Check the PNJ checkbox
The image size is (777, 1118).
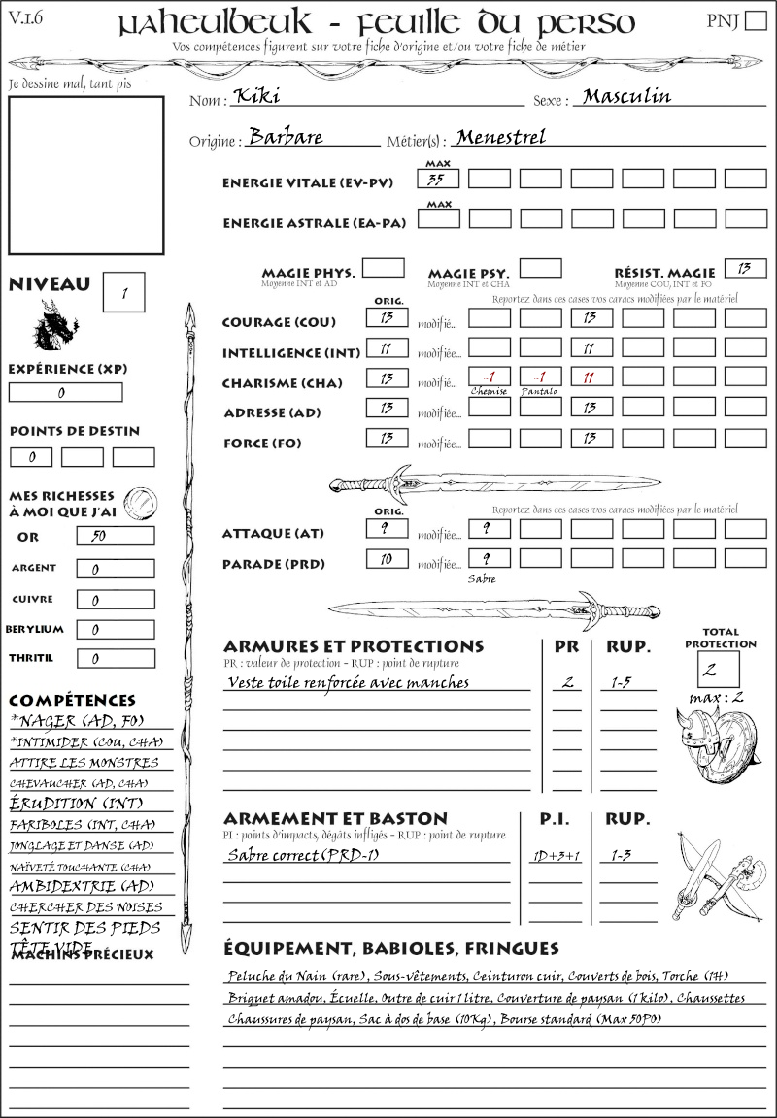point(754,21)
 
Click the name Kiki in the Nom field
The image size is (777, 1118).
point(249,97)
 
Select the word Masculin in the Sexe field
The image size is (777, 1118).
point(626,96)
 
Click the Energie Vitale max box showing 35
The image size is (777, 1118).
point(439,179)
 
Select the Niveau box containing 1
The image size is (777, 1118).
point(125,291)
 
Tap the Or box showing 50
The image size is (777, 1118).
point(115,536)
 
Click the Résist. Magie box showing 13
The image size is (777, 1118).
point(745,268)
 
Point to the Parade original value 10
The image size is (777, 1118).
point(387,559)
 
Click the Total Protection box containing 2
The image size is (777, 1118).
point(718,669)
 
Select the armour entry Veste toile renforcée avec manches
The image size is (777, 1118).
point(348,682)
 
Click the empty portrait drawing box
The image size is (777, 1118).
point(85,174)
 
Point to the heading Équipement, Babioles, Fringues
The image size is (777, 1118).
point(391,947)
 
